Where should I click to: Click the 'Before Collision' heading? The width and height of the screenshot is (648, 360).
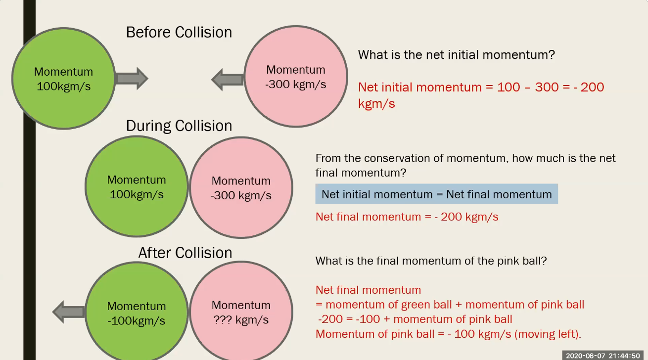coord(179,32)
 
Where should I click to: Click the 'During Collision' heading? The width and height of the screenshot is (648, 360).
coord(179,126)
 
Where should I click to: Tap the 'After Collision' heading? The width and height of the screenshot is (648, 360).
coord(185,253)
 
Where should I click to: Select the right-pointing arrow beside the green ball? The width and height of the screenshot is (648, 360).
coord(132,79)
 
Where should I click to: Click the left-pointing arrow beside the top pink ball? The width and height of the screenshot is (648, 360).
coord(228,80)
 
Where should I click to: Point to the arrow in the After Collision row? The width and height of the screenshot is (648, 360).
coord(69,312)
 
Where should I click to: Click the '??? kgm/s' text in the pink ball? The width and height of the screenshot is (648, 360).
coord(241,320)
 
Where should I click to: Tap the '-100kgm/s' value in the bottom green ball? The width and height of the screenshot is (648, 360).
coord(136,320)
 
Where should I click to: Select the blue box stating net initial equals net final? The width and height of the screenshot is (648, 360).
coord(436,194)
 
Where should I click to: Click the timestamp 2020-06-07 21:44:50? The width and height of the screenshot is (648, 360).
coord(602,356)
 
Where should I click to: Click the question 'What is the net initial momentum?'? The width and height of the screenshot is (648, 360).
coord(456,55)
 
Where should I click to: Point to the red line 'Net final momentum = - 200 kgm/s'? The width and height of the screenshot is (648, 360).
coord(407,217)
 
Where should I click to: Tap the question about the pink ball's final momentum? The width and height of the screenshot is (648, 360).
coord(431,261)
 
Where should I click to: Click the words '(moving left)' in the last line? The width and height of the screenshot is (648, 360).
coord(548,334)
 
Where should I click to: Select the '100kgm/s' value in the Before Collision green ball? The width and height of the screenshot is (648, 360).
coord(64,87)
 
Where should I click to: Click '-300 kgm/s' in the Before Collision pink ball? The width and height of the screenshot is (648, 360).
coord(296,85)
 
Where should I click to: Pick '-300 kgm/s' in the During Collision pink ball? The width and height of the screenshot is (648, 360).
coord(241,195)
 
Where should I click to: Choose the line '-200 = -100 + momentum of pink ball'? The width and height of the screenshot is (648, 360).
coord(415,319)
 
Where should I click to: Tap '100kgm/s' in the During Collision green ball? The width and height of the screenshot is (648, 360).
coord(137,195)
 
